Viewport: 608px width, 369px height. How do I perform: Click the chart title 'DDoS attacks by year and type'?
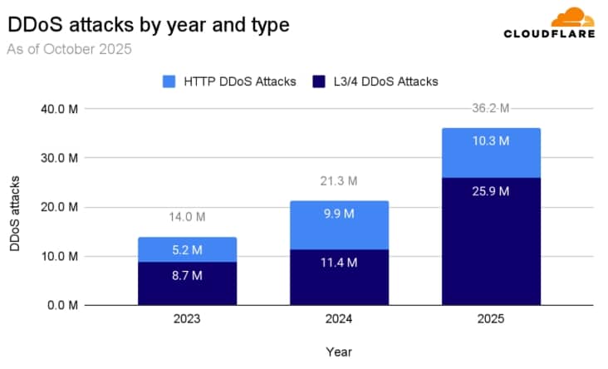pyautogui.click(x=148, y=25)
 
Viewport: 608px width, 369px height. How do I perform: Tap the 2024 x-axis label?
pyautogui.click(x=340, y=319)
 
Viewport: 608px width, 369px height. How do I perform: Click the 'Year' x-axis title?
pyautogui.click(x=338, y=352)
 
